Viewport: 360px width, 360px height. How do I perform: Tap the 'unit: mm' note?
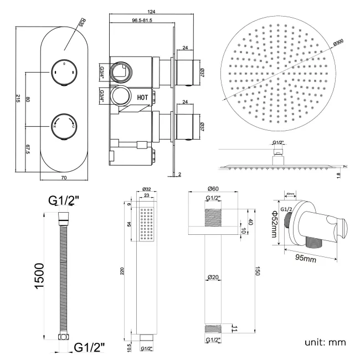pos(325,342)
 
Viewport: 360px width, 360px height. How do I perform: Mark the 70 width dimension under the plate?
pos(64,178)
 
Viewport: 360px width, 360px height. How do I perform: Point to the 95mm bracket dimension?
pos(306,258)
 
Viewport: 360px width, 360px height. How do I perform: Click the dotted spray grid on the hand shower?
pos(146,224)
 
